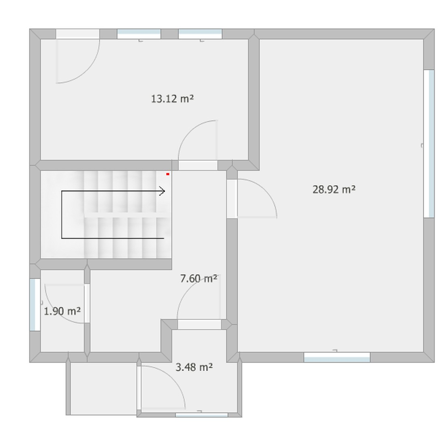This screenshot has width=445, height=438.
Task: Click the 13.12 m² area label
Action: click(x=172, y=99)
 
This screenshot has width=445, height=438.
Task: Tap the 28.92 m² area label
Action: click(x=334, y=189)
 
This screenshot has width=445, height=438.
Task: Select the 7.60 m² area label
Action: click(x=199, y=278)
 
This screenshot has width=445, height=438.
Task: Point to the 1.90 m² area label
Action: click(x=62, y=311)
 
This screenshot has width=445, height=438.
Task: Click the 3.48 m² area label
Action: click(x=194, y=367)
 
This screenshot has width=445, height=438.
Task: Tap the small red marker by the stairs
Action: click(x=168, y=174)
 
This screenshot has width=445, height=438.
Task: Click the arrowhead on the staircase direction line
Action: click(x=162, y=191)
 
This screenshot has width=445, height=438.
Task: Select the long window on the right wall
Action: click(x=429, y=144)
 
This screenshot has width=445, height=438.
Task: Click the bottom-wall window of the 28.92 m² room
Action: click(x=337, y=357)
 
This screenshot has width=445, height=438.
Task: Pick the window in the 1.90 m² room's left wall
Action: click(x=35, y=305)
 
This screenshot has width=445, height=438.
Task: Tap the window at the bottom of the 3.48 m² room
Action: click(x=201, y=415)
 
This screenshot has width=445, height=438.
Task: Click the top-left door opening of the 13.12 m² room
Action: click(x=77, y=34)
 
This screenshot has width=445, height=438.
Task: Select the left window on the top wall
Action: click(x=139, y=34)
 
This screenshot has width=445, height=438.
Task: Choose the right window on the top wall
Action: click(x=200, y=34)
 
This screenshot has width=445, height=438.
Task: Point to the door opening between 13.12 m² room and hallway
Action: click(x=198, y=165)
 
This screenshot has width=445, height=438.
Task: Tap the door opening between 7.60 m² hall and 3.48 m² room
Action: click(x=199, y=324)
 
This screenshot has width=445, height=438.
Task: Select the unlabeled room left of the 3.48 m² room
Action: click(x=103, y=388)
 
